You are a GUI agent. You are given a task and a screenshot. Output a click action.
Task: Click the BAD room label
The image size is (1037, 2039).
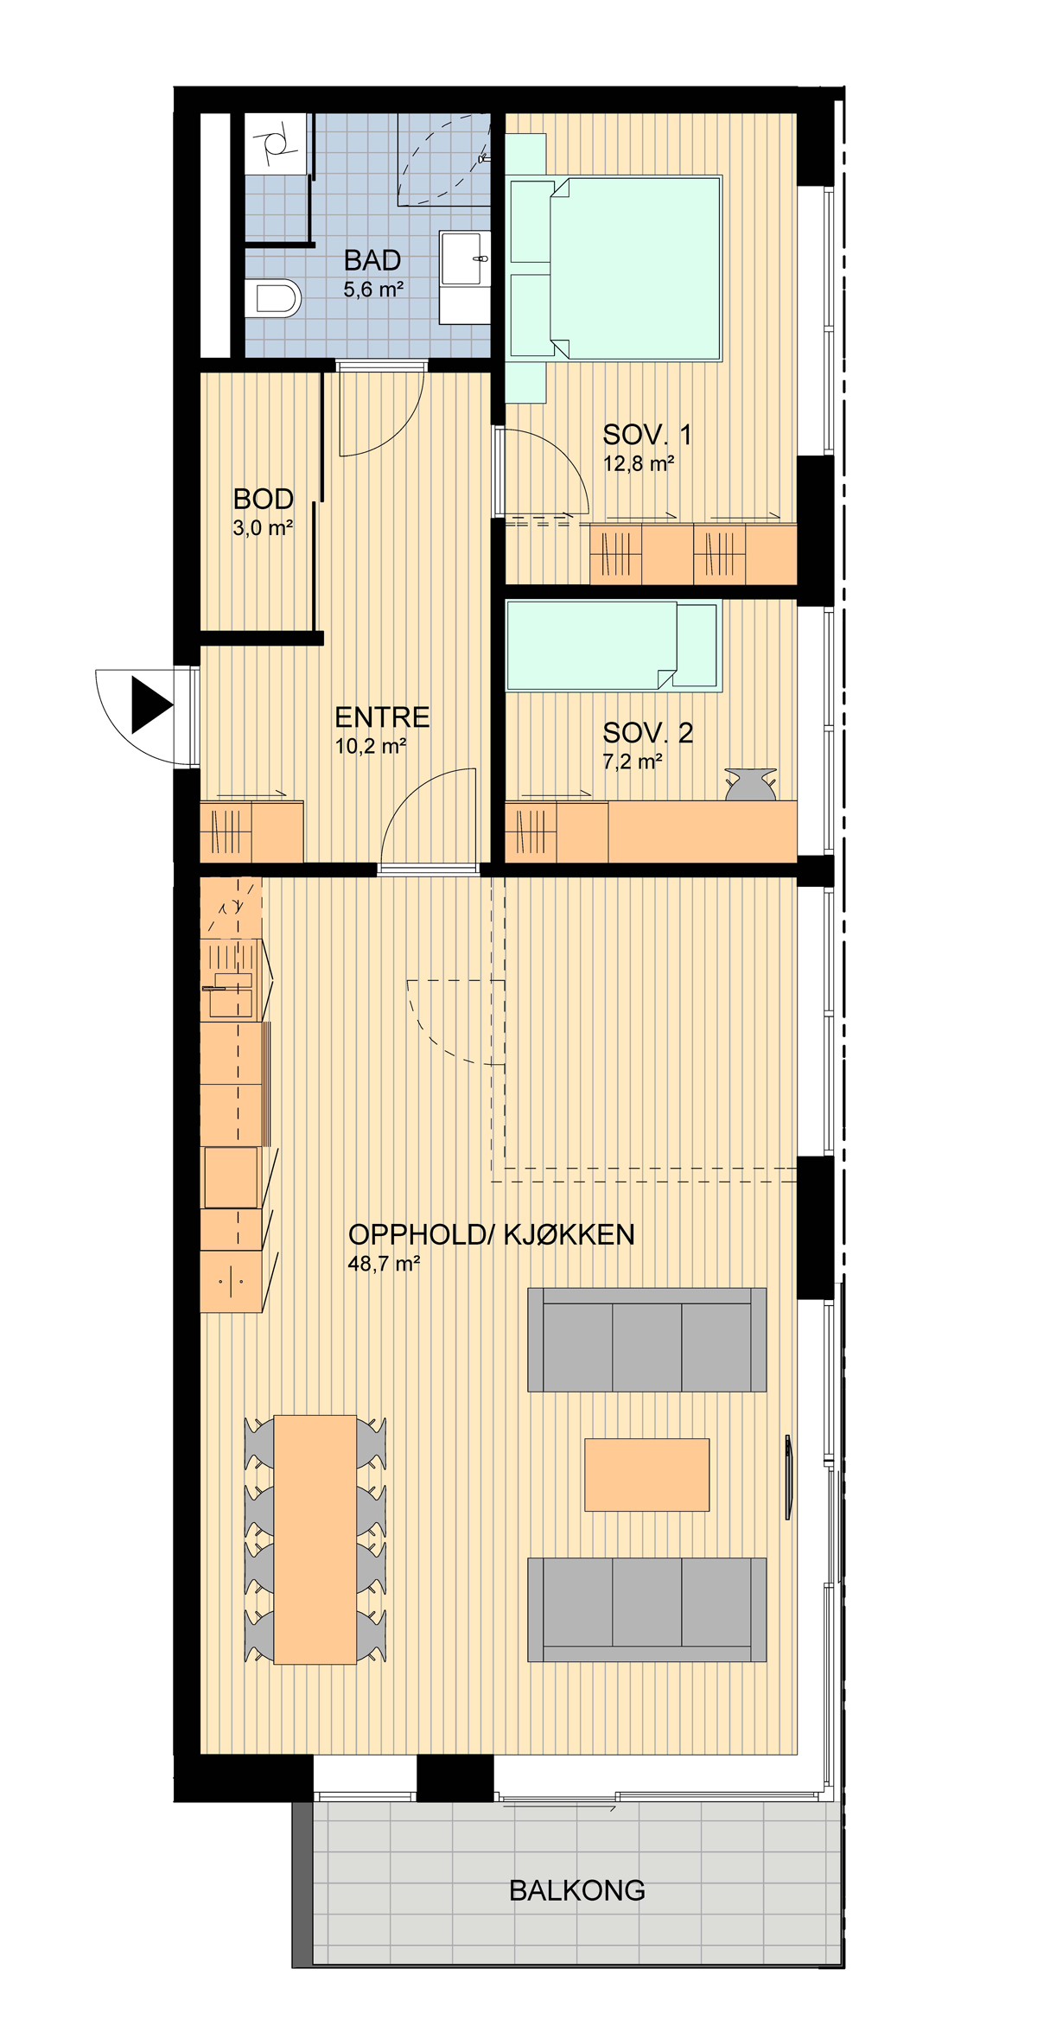pos(372,260)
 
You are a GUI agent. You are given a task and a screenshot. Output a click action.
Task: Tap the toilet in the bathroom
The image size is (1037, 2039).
pos(273,298)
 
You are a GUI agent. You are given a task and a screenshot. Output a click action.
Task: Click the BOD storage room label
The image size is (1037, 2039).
pos(264,499)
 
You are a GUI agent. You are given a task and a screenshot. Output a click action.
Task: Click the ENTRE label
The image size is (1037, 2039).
pos(382,717)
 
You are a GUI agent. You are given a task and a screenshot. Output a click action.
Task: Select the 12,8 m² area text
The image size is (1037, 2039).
pos(639,464)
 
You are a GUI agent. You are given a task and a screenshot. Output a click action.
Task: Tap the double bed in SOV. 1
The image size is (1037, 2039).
pos(615,268)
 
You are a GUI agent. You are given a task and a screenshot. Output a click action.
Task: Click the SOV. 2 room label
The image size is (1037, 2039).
pos(648,733)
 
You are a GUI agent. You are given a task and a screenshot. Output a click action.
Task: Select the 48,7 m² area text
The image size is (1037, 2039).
pos(384,1264)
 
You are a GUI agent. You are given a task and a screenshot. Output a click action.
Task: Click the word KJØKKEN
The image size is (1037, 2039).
pos(569,1235)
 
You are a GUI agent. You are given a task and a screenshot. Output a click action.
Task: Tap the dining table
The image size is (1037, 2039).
pos(315,1539)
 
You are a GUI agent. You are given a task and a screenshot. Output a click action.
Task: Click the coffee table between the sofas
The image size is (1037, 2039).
pos(647,1475)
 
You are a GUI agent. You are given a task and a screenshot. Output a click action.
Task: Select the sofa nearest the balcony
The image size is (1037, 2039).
pos(647,1609)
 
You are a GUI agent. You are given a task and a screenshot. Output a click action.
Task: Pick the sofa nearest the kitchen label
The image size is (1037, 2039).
pos(647,1340)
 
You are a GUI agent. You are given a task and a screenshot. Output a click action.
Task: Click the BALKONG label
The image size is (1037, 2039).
pos(577,1891)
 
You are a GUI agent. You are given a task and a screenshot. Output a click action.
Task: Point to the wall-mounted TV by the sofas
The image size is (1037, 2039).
pos(788,1477)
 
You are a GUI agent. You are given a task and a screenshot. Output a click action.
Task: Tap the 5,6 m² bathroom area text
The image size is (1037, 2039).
pos(374,290)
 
